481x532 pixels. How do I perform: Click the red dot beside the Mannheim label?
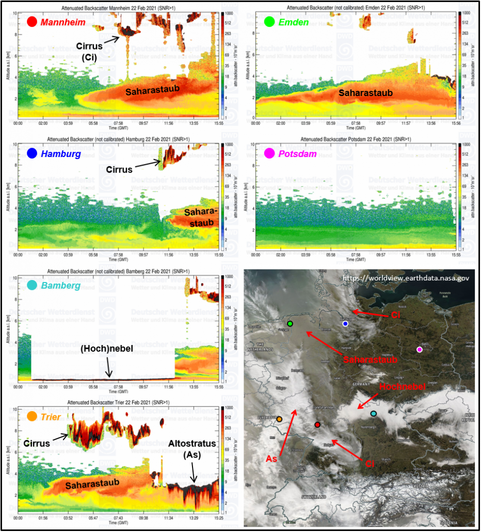pyautogui.click(x=32, y=22)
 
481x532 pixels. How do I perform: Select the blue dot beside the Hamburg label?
pyautogui.click(x=32, y=153)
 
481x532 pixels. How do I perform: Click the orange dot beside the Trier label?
pyautogui.click(x=32, y=416)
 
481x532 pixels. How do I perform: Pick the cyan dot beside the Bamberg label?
pyautogui.click(x=32, y=285)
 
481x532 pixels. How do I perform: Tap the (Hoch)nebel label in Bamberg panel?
pyautogui.click(x=107, y=349)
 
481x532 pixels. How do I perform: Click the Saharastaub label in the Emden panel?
pyautogui.click(x=365, y=92)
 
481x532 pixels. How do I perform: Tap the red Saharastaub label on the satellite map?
pyautogui.click(x=370, y=359)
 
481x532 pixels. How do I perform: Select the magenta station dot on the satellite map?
pyautogui.click(x=420, y=350)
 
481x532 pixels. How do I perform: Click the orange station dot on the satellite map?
pyautogui.click(x=279, y=419)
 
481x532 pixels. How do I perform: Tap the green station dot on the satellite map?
pyautogui.click(x=290, y=323)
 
